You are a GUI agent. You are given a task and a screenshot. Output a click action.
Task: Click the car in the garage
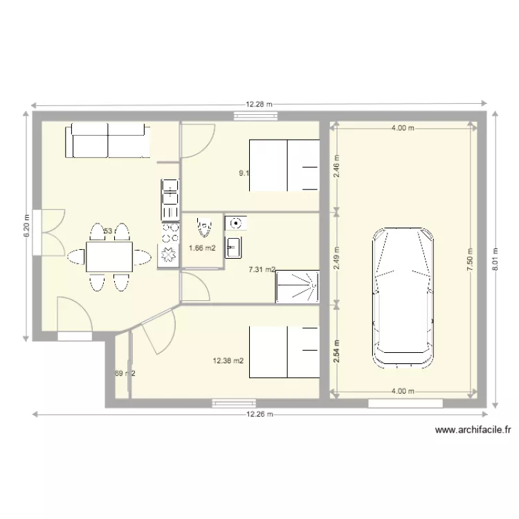(404, 297)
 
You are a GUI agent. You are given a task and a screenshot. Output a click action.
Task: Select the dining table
(109, 257)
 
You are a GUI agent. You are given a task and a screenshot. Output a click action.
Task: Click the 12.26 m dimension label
(258, 415)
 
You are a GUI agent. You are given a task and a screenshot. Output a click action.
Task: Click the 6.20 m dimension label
(26, 225)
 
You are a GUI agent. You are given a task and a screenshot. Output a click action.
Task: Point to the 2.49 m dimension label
(337, 257)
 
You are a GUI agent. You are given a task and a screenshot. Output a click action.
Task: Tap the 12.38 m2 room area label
(228, 360)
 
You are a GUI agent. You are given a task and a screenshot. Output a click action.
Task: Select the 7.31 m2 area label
(262, 271)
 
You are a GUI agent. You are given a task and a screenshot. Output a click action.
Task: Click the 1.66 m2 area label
(202, 248)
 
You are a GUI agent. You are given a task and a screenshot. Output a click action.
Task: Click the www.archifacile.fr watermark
(473, 430)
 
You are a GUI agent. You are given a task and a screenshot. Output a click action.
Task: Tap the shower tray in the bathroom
(298, 286)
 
